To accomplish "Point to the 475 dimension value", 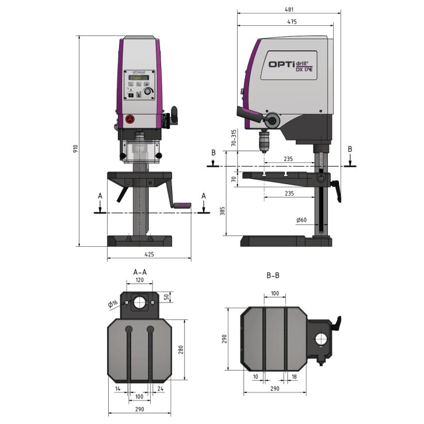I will coord(291,22).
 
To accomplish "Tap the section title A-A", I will coord(140,271).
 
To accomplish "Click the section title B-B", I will coord(273,276).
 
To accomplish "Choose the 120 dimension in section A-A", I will coord(140,280).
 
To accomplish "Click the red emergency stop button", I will coord(129,119).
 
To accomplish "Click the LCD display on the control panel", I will coord(140,78).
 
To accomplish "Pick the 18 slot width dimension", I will coord(295,376).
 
